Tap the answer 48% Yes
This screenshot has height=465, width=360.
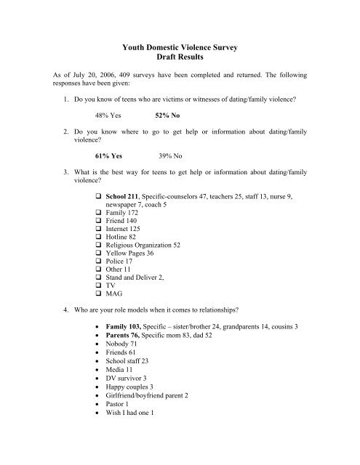click(x=108, y=135)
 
